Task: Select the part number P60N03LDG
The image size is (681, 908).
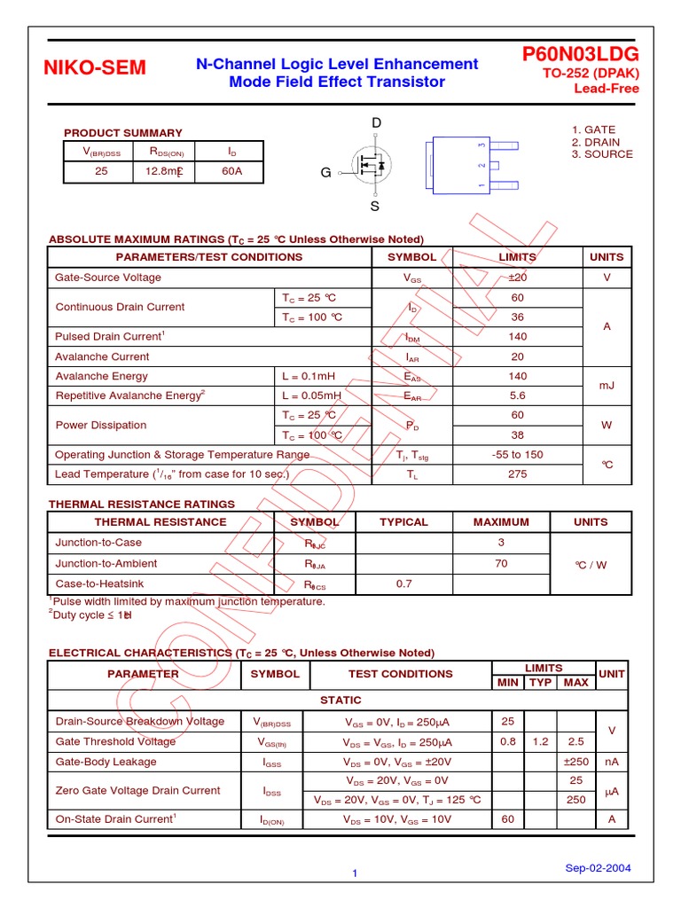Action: coord(581,55)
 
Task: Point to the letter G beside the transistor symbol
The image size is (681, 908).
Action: coord(325,173)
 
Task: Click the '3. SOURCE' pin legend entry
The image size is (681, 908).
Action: coord(602,154)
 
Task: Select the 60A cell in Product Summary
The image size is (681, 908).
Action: coord(231,172)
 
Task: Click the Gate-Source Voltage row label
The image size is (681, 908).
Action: coord(108,278)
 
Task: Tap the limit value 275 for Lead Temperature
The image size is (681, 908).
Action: coord(518,474)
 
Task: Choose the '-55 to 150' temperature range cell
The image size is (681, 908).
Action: coord(518,455)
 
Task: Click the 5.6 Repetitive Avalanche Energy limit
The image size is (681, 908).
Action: coord(518,396)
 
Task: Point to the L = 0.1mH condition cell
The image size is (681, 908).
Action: coord(309,376)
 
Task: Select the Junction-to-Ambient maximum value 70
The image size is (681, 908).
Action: coord(501,563)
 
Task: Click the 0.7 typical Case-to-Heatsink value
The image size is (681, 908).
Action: coord(403,583)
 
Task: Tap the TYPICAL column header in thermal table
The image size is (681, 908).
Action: coord(403,522)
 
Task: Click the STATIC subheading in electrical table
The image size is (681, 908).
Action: coord(340,701)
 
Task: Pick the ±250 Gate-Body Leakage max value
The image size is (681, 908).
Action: coord(575,762)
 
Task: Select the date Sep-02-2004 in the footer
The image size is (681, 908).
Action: coord(598,868)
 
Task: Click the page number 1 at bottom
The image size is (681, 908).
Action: coord(354,874)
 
